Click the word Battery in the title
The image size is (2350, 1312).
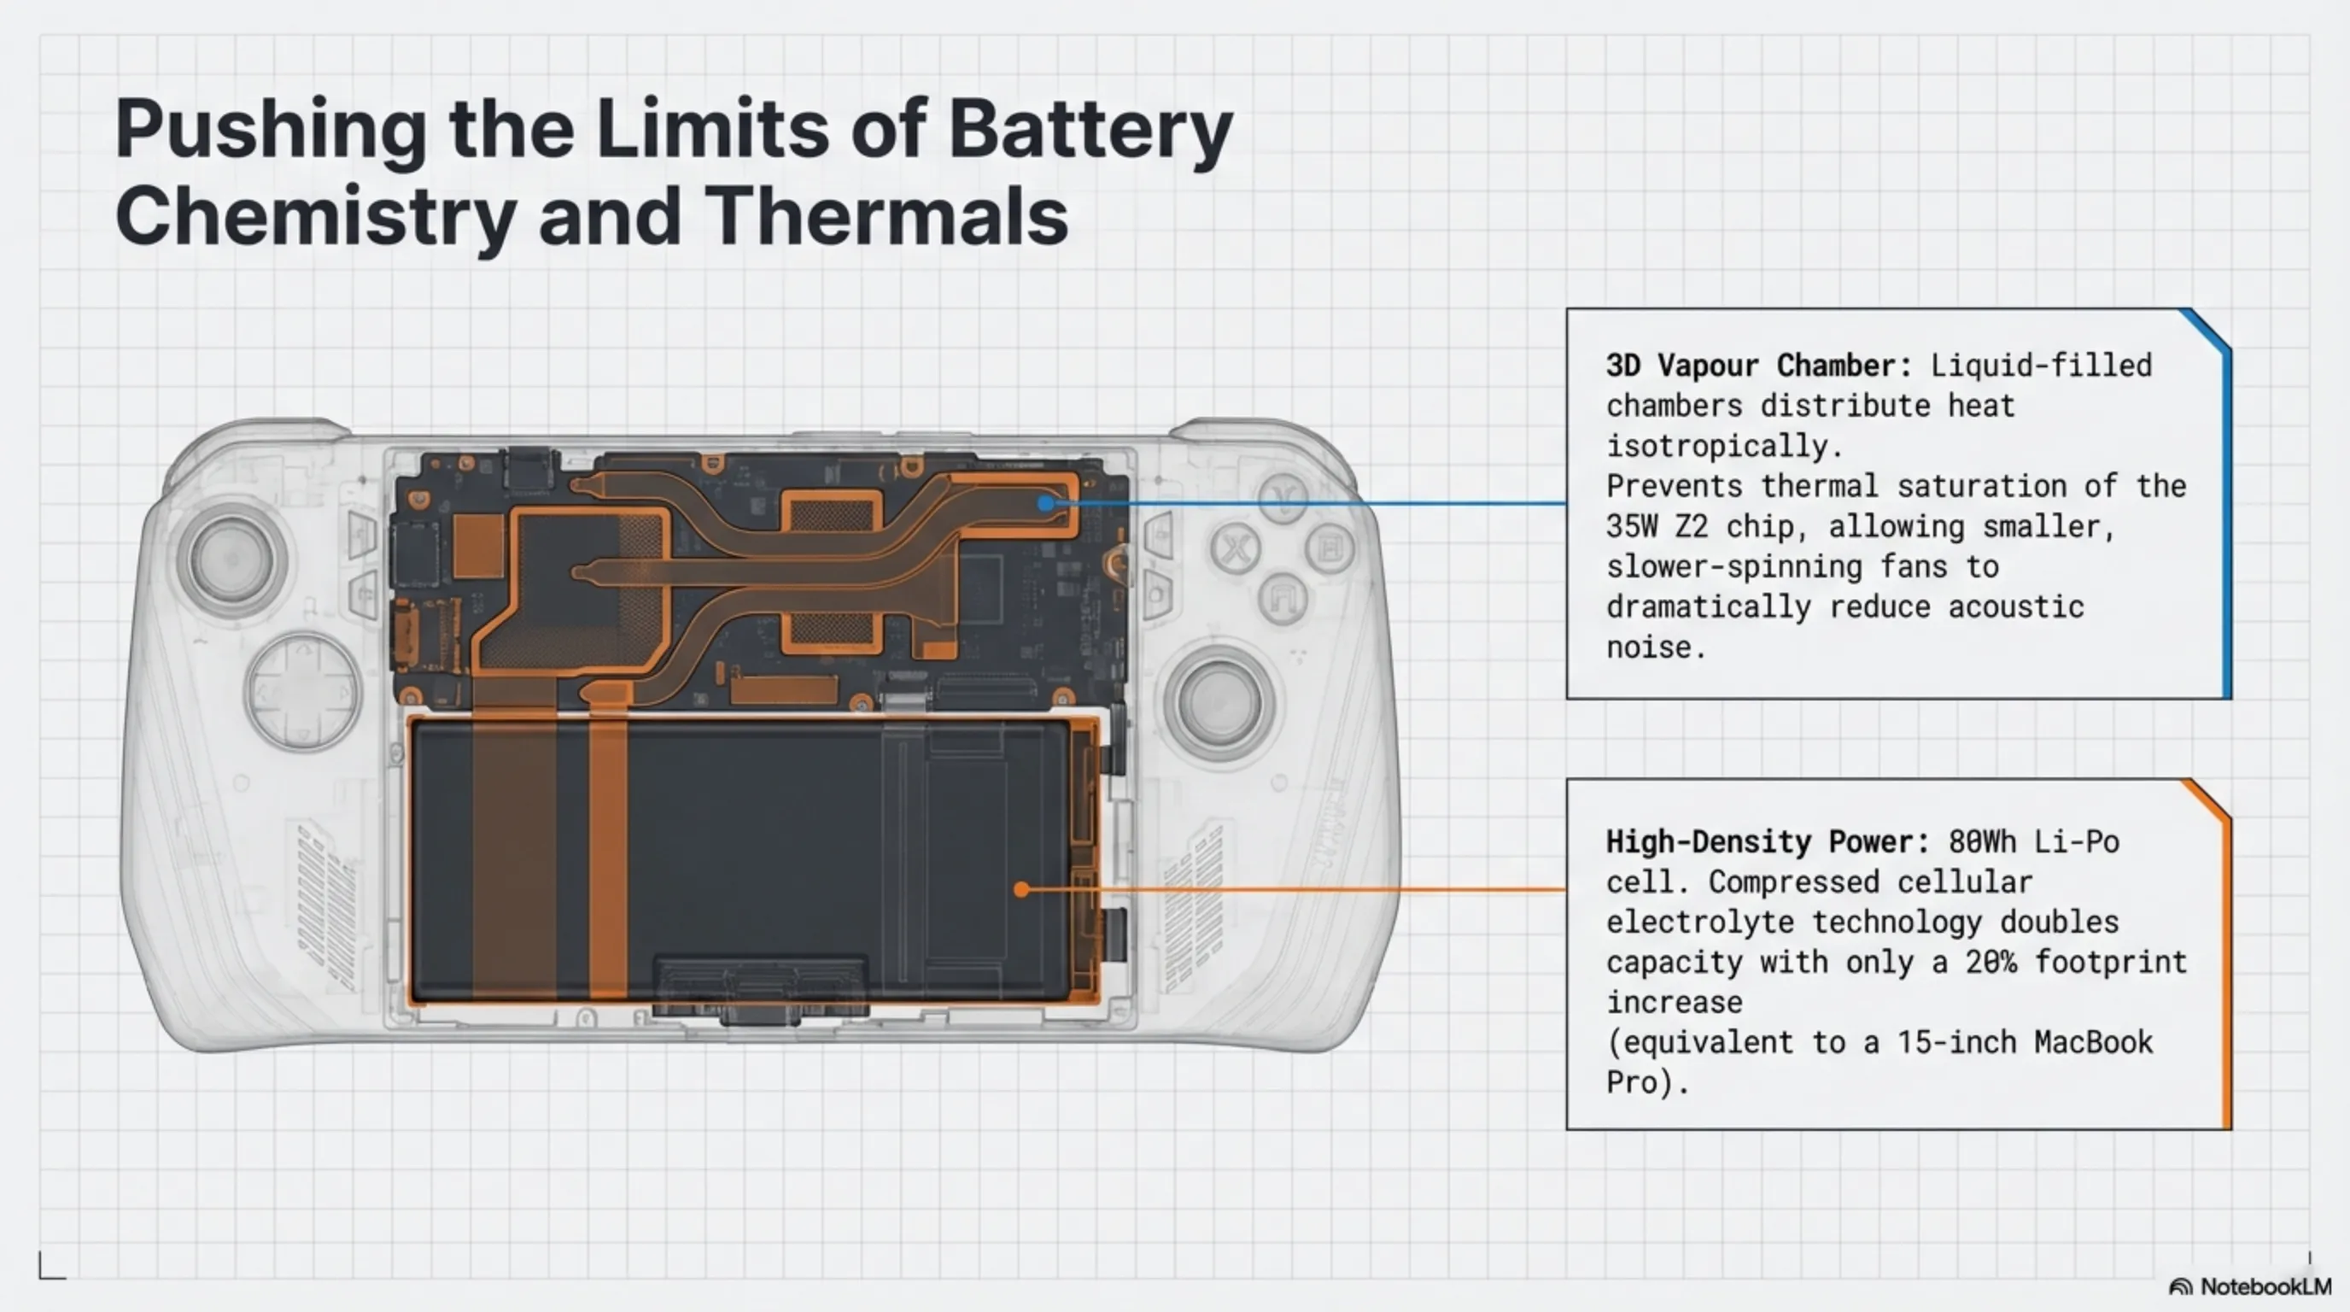[x=1090, y=130]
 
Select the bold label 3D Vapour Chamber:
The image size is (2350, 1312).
[x=1758, y=366]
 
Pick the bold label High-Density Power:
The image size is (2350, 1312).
[x=1767, y=841]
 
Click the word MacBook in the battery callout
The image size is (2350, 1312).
[x=2093, y=1042]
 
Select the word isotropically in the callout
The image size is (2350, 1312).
[x=1724, y=446]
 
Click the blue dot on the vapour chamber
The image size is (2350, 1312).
[x=1045, y=503]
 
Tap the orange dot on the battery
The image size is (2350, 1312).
[x=1022, y=889]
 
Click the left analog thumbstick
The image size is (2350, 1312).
[x=231, y=559]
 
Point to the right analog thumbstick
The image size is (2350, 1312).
[x=1218, y=701]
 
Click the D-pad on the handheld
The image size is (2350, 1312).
[x=302, y=691]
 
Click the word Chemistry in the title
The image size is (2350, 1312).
[x=316, y=216]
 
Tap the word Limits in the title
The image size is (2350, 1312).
[x=712, y=130]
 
